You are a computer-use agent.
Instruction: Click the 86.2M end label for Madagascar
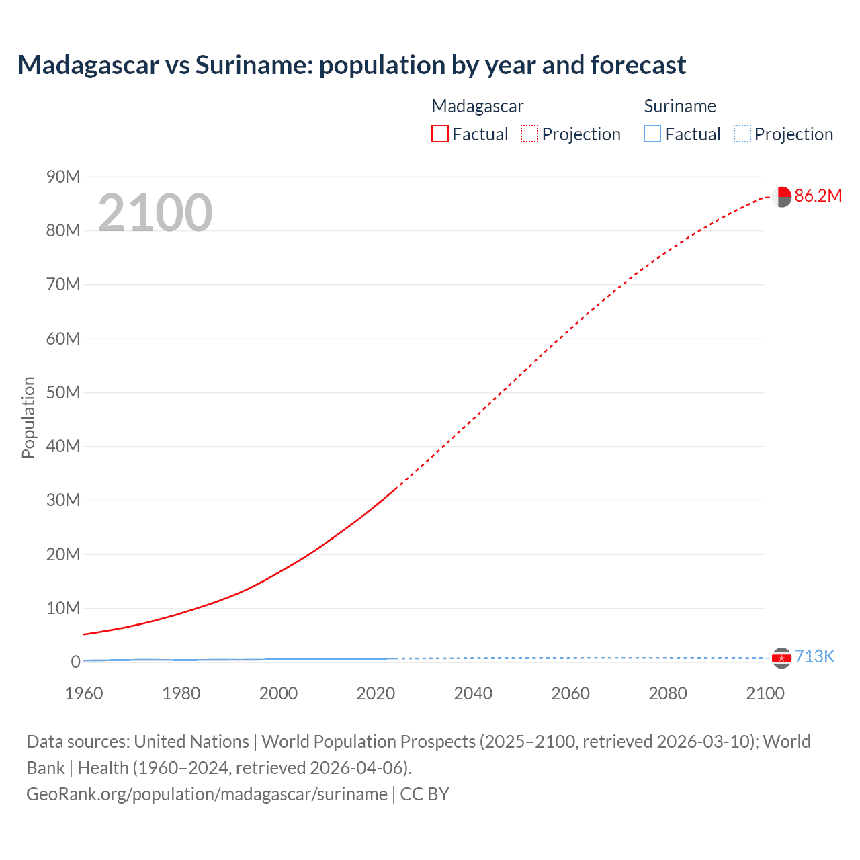click(818, 196)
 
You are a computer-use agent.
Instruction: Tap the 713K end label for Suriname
click(814, 656)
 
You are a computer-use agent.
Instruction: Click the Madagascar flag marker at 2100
click(781, 197)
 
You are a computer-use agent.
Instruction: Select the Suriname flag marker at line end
click(781, 658)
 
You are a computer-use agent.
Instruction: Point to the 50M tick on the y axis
click(63, 392)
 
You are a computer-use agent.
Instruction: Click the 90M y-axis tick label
click(63, 177)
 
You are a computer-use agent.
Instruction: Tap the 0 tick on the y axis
click(75, 662)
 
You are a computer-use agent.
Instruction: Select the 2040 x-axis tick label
click(473, 693)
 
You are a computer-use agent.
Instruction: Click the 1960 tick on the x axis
click(84, 693)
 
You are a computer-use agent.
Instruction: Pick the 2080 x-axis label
click(668, 693)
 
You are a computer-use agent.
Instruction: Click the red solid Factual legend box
click(440, 134)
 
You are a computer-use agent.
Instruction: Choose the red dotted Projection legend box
click(529, 134)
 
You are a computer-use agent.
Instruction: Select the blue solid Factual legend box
click(652, 134)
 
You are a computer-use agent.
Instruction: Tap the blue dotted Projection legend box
click(742, 134)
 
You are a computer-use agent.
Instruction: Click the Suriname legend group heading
click(680, 106)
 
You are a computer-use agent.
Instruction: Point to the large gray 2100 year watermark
click(155, 213)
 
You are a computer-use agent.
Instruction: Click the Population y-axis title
click(28, 418)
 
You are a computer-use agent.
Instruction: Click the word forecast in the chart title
click(638, 65)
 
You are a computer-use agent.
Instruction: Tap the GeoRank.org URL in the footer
click(207, 793)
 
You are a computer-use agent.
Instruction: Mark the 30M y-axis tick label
click(63, 500)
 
